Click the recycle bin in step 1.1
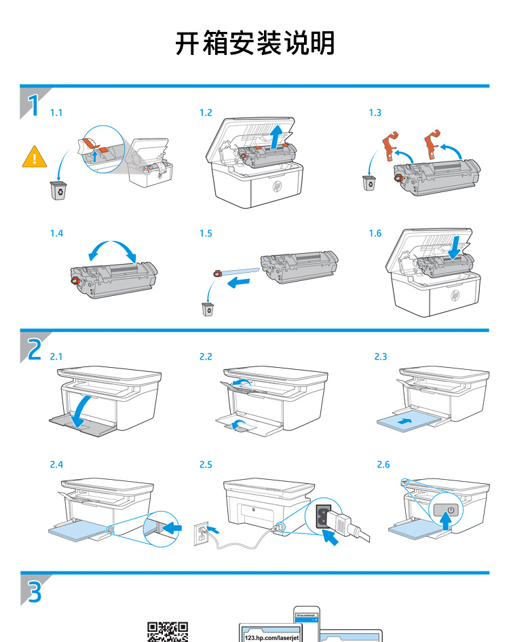[59, 190]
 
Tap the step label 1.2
[206, 113]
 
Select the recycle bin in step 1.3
[370, 183]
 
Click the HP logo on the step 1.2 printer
[276, 185]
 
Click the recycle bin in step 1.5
[208, 309]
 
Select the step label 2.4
[56, 464]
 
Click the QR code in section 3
[168, 632]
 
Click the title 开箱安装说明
[254, 43]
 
